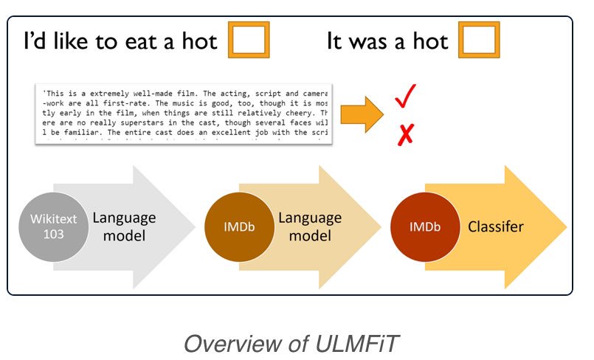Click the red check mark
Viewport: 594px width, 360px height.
pyautogui.click(x=405, y=97)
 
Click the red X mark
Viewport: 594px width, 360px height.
pyautogui.click(x=405, y=134)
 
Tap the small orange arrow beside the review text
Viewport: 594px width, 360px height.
pyautogui.click(x=365, y=115)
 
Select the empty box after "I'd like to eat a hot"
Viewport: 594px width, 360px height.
pyautogui.click(x=249, y=41)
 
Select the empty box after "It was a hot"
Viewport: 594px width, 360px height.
pyautogui.click(x=480, y=41)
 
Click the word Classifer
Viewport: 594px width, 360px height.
pyautogui.click(x=496, y=226)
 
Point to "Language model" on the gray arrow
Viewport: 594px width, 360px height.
pyautogui.click(x=124, y=226)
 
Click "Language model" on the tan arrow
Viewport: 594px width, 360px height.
pyautogui.click(x=309, y=226)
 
